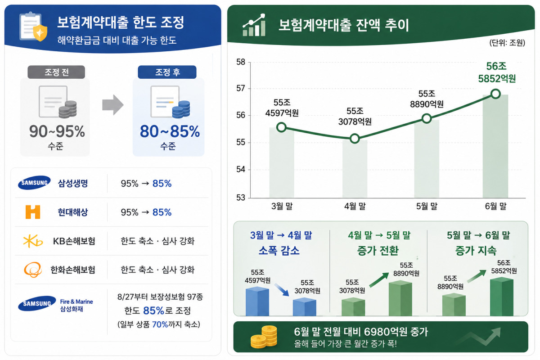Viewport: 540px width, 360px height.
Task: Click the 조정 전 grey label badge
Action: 56,72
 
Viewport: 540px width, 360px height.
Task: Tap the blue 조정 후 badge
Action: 167,72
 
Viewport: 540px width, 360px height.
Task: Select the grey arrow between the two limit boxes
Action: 113,105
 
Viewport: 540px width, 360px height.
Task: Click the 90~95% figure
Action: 57,131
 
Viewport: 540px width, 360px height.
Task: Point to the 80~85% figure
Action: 170,131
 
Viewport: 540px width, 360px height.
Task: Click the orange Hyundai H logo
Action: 33,212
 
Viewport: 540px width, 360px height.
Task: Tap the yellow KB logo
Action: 33,241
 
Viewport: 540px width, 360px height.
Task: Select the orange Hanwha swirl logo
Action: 33,270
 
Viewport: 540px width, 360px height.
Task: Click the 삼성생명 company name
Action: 73,184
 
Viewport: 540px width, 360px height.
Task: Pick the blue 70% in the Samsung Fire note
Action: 160,324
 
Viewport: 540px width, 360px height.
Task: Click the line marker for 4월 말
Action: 355,139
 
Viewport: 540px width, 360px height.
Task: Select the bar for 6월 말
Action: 495,146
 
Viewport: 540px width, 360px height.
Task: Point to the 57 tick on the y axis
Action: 241,89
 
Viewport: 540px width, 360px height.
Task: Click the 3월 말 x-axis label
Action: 282,206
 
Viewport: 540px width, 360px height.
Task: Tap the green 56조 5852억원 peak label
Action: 497,72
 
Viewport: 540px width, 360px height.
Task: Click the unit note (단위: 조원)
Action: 507,43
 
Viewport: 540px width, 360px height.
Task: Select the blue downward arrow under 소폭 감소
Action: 282,290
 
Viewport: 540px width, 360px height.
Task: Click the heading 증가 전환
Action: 378,251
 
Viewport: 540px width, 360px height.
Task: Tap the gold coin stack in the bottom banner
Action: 264,337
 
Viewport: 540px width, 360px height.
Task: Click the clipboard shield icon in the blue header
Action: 33,27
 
